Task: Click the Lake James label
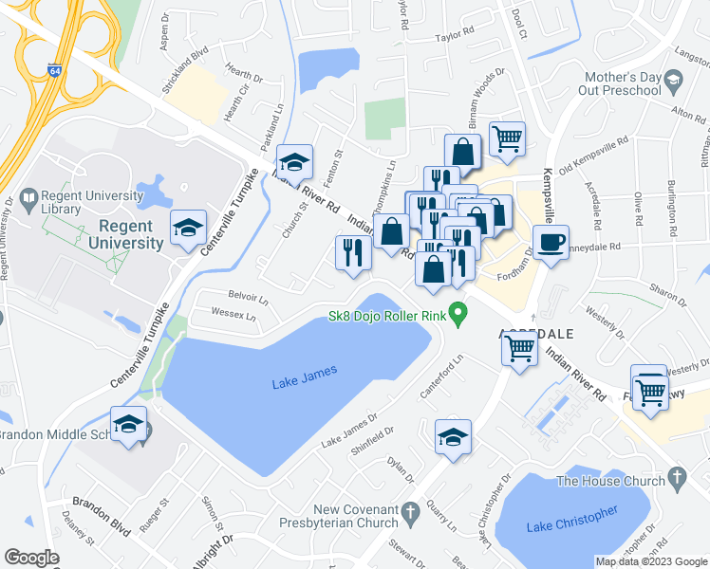pyautogui.click(x=304, y=382)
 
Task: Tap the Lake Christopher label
pyautogui.click(x=570, y=518)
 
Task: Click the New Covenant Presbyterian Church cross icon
pyautogui.click(x=410, y=512)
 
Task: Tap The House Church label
pyautogui.click(x=611, y=481)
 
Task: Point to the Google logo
pyautogui.click(x=31, y=558)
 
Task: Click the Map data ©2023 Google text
pyautogui.click(x=650, y=561)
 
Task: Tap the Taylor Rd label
pyautogui.click(x=454, y=38)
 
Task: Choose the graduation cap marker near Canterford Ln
pyautogui.click(x=453, y=437)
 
